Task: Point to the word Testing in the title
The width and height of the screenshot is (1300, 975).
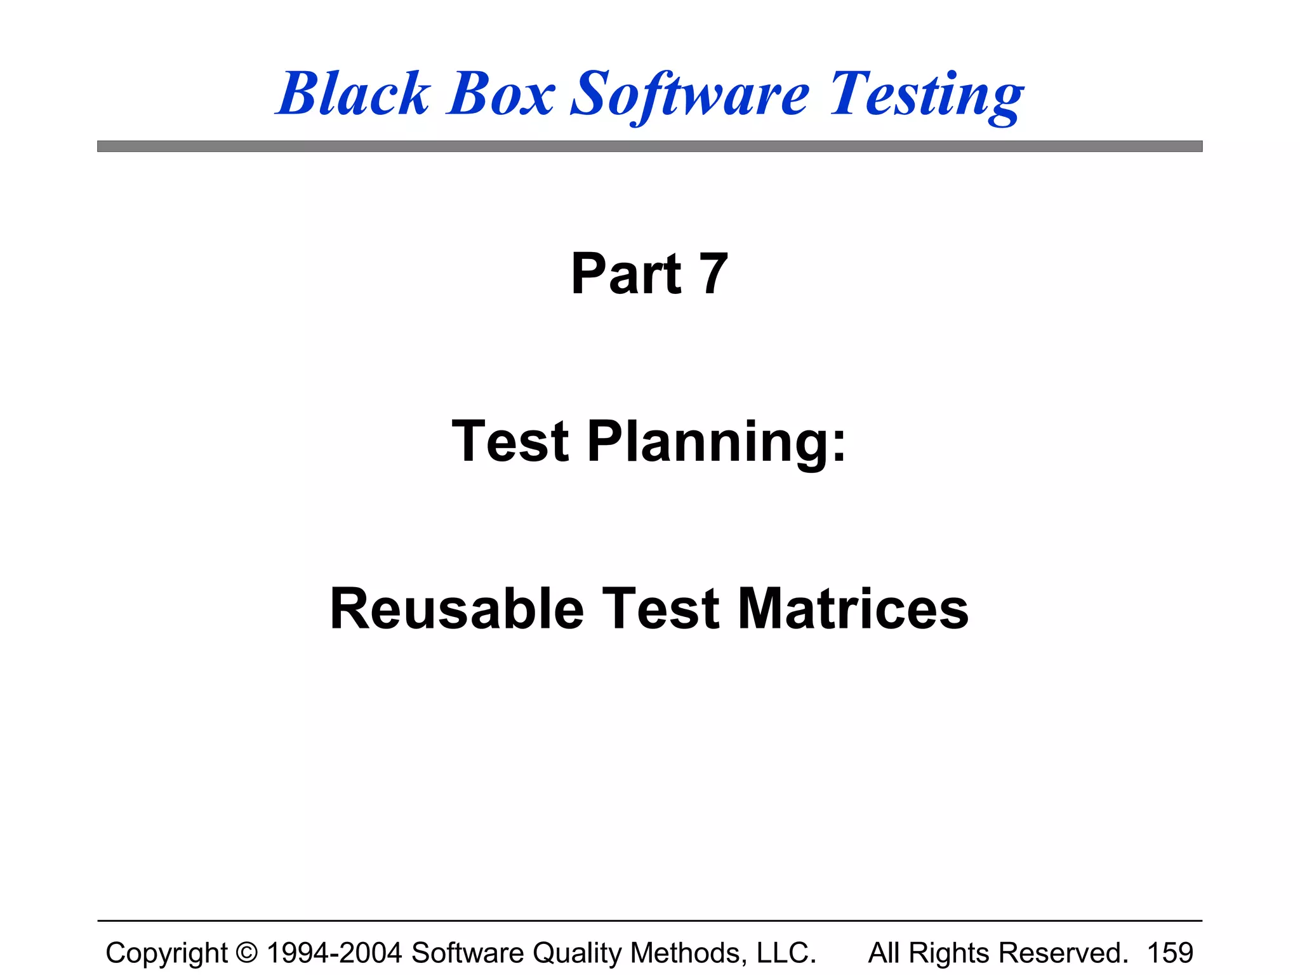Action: (x=927, y=95)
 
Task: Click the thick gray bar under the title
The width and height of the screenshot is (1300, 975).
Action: (x=649, y=147)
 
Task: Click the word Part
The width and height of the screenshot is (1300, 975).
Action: (x=626, y=274)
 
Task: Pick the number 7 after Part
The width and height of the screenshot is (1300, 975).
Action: (x=713, y=274)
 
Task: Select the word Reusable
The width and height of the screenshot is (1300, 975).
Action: (x=456, y=609)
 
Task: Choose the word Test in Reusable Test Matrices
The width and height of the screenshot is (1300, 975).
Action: (x=660, y=609)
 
